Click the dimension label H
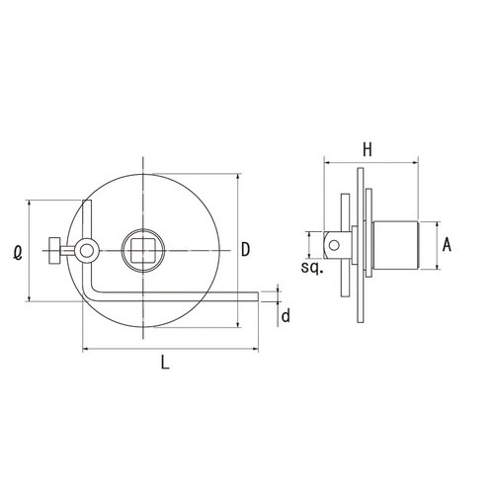click(368, 150)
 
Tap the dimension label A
click(447, 245)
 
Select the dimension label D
click(245, 249)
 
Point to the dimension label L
click(165, 362)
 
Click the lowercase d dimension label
click(286, 316)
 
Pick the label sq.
click(312, 269)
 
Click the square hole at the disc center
click(143, 250)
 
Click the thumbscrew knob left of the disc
click(54, 251)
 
